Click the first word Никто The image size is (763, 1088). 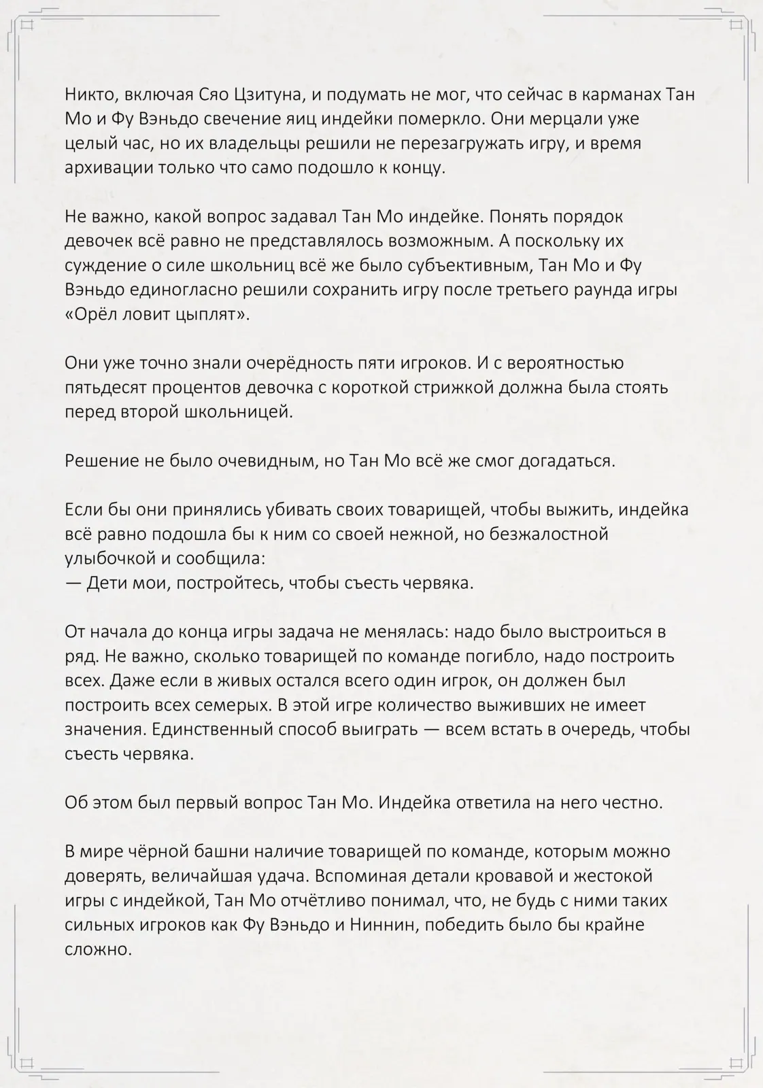(88, 95)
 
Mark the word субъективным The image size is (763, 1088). (452, 265)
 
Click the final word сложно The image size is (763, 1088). (98, 949)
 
